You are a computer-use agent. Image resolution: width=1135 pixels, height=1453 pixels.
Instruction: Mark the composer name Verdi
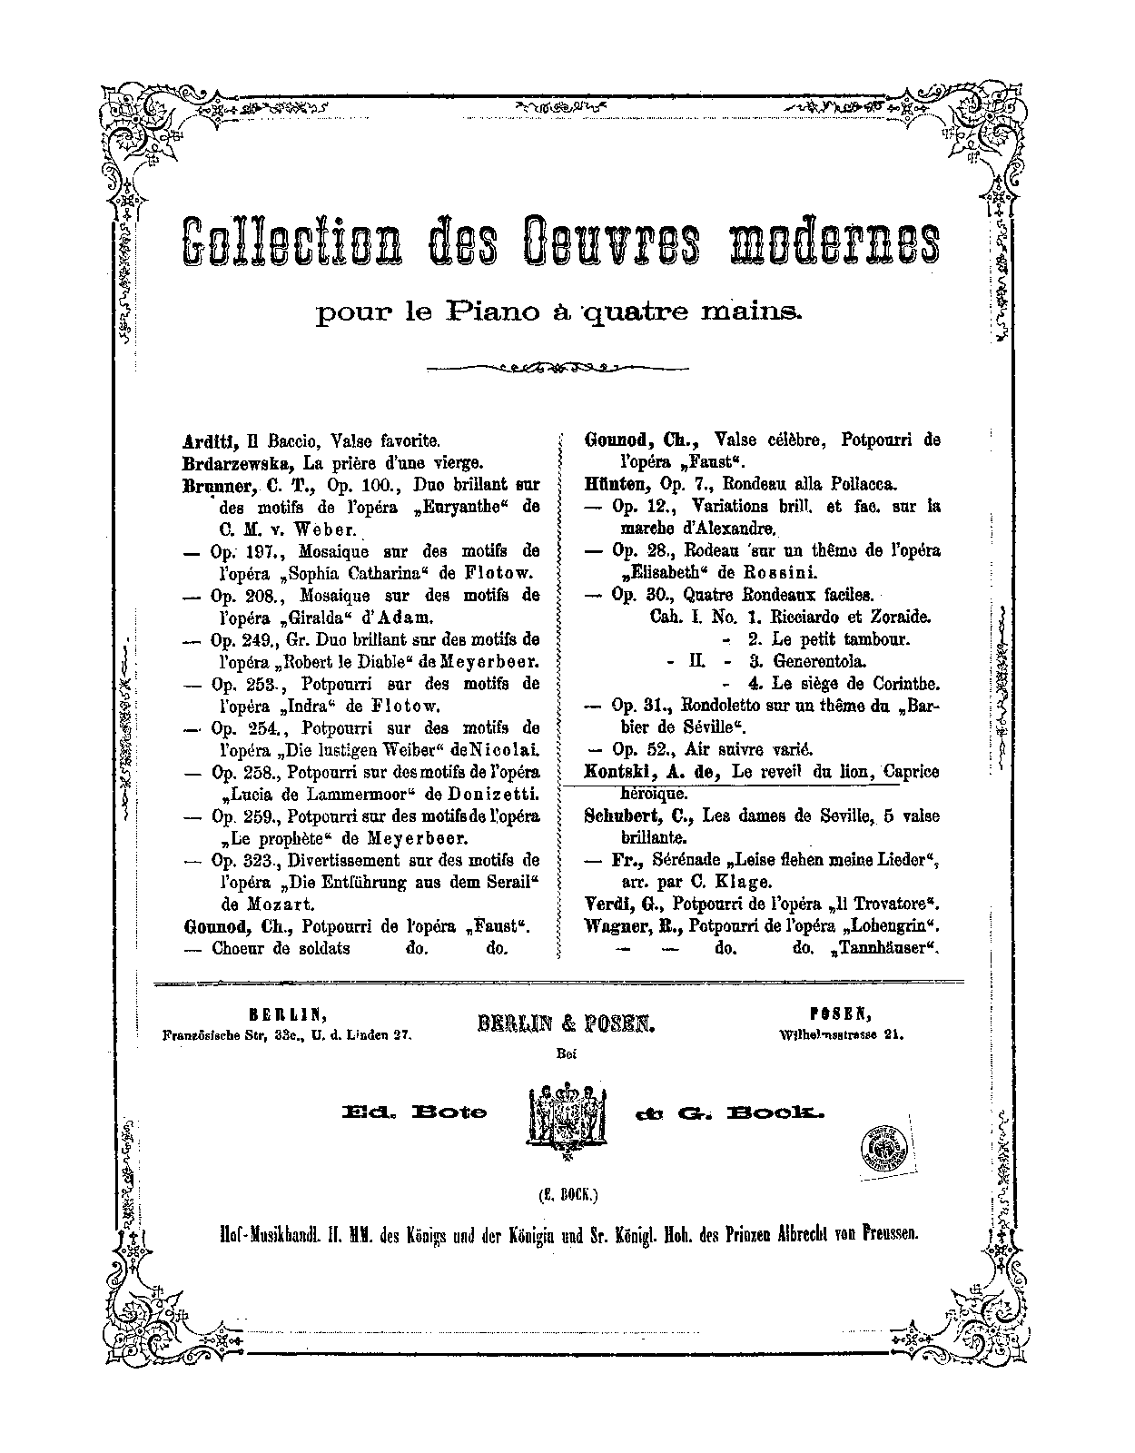[x=606, y=904]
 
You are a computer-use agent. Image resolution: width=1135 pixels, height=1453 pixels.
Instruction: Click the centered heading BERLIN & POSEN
[x=567, y=1023]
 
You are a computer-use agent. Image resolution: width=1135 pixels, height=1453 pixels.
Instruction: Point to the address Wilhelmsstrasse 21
[x=842, y=1034]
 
